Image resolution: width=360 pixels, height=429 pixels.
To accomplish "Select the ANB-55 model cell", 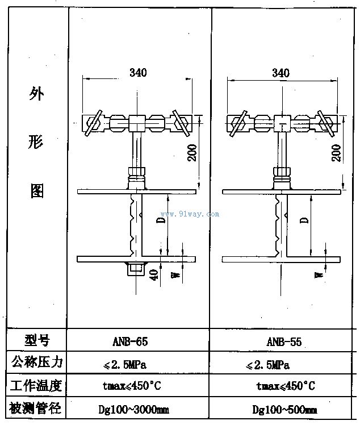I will click(283, 342).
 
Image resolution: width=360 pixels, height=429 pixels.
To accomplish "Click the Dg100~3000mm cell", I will click(139, 409).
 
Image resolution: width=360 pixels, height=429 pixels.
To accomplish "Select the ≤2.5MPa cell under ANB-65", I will click(139, 364).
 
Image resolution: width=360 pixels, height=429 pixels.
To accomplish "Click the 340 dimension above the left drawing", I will click(138, 73).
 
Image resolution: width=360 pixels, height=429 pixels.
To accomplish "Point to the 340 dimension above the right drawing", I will click(281, 73).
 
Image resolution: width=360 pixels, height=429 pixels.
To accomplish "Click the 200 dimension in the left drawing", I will click(192, 151).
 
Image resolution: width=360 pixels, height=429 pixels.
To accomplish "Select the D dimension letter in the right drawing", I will click(304, 219).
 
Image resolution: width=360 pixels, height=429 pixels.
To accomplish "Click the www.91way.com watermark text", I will click(190, 214).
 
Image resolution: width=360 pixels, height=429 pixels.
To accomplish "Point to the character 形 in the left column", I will click(36, 143).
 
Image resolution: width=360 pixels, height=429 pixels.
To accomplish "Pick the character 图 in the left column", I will click(36, 191).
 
